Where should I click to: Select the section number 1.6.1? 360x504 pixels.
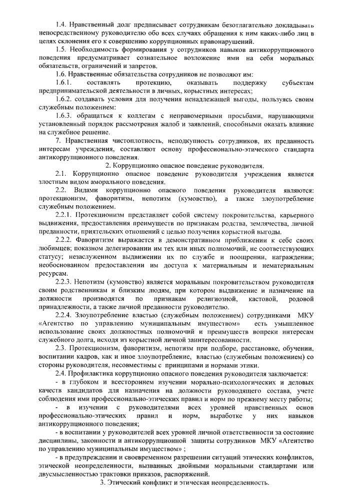pos(64,81)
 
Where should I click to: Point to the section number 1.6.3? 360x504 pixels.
pos(64,115)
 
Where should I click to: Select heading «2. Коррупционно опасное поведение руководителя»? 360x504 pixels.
pos(184,165)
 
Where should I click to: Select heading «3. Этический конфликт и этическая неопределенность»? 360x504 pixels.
pos(184,483)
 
